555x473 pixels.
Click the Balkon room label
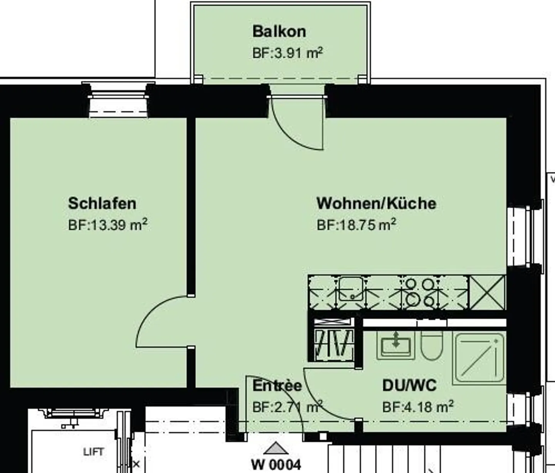(279, 32)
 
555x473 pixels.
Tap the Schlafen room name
(102, 203)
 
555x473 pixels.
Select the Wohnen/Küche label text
(376, 203)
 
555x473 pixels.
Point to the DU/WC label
(409, 385)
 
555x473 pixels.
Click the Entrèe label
(277, 385)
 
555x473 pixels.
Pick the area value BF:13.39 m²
(108, 224)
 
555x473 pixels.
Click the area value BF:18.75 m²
(356, 224)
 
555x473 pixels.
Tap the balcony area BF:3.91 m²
(287, 53)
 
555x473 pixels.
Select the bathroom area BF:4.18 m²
(418, 407)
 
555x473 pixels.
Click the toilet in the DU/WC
(432, 344)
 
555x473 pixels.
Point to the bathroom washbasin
(395, 344)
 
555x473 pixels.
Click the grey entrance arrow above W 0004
(276, 448)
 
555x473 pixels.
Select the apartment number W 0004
(276, 464)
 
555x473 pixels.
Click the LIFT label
(93, 451)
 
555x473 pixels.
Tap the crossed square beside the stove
(487, 292)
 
